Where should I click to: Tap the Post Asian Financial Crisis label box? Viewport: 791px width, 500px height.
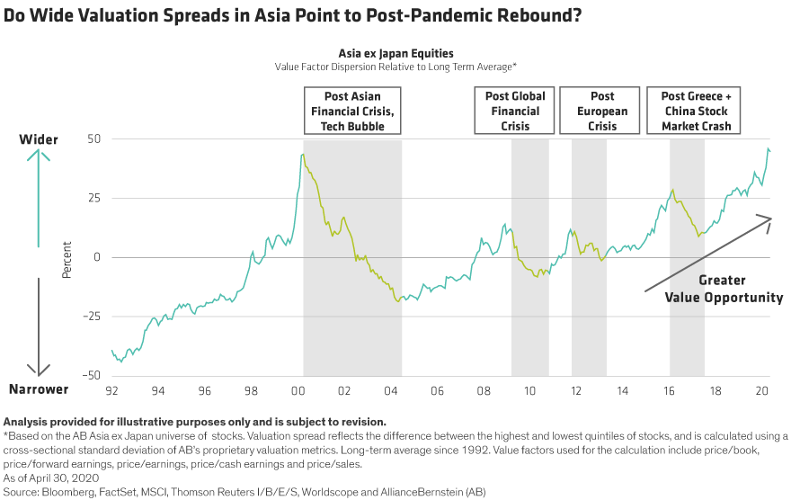pos(352,112)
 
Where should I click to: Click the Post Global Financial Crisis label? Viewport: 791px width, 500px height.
pos(515,112)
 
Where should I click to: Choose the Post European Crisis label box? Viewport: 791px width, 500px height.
pos(602,112)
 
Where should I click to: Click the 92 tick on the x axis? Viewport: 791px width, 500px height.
pos(111,391)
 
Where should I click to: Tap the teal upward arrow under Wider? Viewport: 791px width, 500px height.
pos(38,198)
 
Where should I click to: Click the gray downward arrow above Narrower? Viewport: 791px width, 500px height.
pos(38,324)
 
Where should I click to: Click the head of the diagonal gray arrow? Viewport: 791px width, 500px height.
pos(768,219)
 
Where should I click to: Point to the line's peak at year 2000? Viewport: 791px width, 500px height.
pos(302,155)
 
